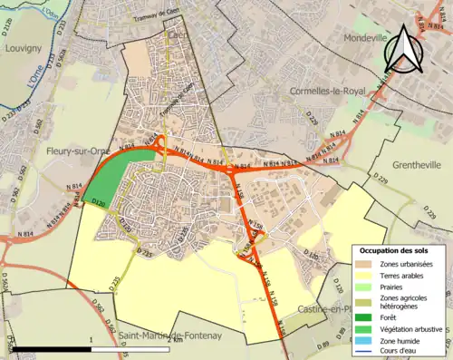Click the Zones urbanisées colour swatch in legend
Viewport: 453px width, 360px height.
point(363,263)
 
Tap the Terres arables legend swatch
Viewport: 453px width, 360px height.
point(363,275)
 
